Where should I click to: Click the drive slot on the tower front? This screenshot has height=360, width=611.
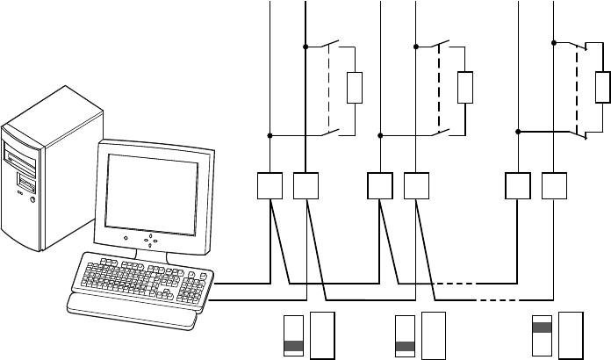coord(22,162)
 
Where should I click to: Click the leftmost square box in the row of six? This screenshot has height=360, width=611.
coord(270,185)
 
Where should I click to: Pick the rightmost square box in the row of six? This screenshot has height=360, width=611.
coord(554,185)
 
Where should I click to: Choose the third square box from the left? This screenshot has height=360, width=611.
coord(380,185)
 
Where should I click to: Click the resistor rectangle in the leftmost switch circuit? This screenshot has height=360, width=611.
coord(355,89)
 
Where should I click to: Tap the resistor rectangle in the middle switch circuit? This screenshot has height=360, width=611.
coord(465,89)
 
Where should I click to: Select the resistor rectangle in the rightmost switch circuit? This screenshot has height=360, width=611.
coord(603,88)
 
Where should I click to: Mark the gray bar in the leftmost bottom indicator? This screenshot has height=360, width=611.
coord(294,346)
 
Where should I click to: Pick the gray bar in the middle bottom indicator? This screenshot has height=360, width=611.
coord(405,346)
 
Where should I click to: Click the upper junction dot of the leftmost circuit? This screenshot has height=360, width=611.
coord(305,47)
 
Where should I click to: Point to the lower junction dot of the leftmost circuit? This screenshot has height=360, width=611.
coord(270,135)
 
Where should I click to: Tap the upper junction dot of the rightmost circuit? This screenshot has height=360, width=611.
coord(554,42)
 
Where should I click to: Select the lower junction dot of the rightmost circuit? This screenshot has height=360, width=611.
coord(519,132)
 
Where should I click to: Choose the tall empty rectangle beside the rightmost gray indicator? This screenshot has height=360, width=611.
coord(571,335)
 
